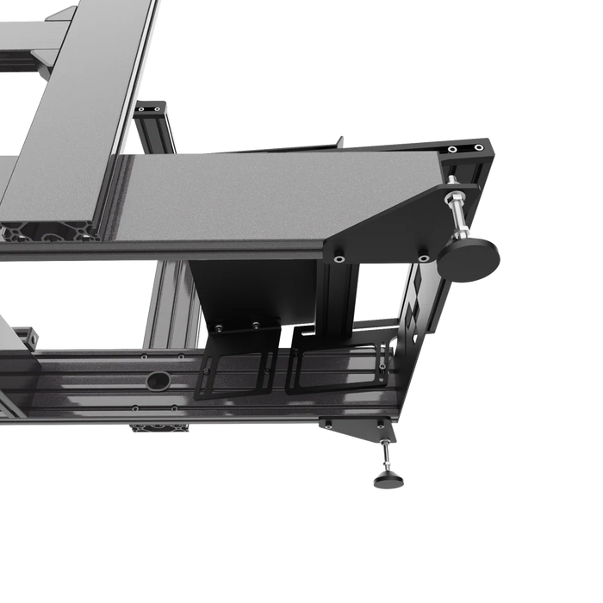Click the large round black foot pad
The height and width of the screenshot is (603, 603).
tap(469, 258)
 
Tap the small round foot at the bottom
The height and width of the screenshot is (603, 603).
tap(389, 480)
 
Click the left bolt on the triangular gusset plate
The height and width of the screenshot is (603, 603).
tap(339, 258)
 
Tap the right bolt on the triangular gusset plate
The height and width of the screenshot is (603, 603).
tap(423, 257)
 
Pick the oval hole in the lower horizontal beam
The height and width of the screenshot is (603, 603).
tap(158, 380)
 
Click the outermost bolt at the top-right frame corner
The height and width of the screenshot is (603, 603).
tap(479, 147)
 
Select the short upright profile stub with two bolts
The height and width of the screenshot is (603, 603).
tap(151, 116)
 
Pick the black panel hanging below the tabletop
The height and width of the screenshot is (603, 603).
tap(254, 293)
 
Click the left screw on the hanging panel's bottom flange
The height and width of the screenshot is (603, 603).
tap(220, 328)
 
